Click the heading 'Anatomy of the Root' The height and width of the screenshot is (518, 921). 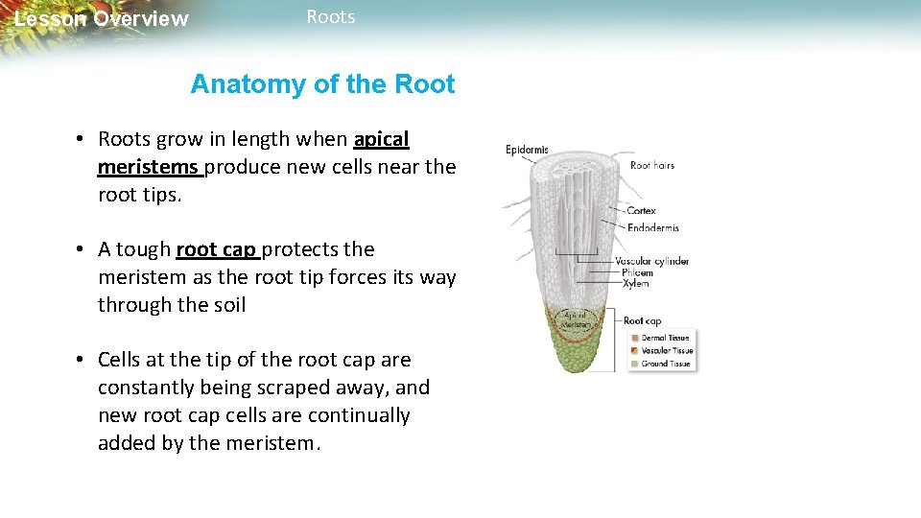click(x=322, y=84)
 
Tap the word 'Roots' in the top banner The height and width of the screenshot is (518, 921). click(x=330, y=17)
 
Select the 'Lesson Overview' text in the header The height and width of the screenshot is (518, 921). click(x=102, y=19)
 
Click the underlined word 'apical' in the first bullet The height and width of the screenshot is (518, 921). click(x=381, y=139)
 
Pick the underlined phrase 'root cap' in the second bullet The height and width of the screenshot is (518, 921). click(x=216, y=249)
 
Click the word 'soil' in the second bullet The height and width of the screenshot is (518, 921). click(x=228, y=305)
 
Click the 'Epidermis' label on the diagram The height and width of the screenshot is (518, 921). click(x=527, y=150)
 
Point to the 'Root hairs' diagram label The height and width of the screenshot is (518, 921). click(x=652, y=166)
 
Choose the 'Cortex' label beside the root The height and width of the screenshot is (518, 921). click(x=641, y=211)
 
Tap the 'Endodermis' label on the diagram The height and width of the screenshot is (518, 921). click(x=652, y=228)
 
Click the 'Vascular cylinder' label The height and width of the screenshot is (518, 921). click(x=651, y=261)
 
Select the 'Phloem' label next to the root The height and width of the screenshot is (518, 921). click(x=637, y=272)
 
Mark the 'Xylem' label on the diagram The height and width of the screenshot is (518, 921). click(x=635, y=284)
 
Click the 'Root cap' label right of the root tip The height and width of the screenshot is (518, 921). click(x=642, y=321)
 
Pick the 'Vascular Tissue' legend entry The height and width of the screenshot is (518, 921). click(x=665, y=350)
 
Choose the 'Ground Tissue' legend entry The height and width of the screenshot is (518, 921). click(x=664, y=364)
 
